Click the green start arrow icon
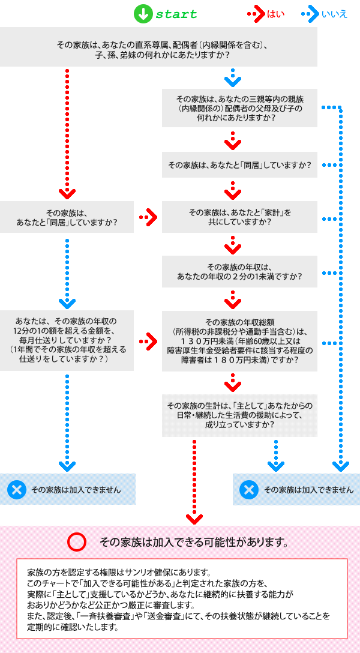[142, 14]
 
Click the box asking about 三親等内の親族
[239, 108]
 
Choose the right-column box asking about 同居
[239, 164]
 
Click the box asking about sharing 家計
[239, 217]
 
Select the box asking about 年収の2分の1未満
[239, 272]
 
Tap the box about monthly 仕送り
[67, 340]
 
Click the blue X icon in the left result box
[17, 490]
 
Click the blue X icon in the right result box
[248, 490]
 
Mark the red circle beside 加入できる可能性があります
[77, 543]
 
